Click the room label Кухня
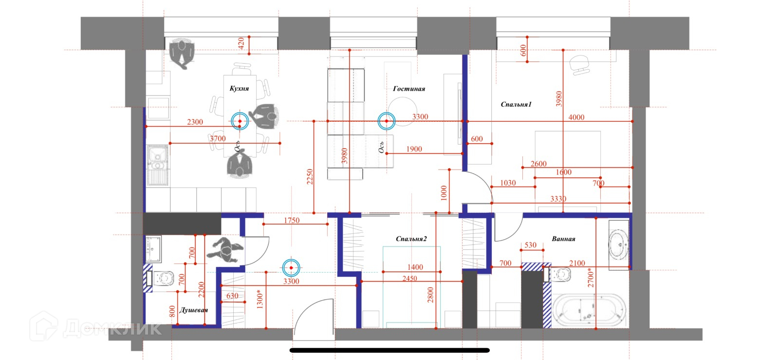pos(239,88)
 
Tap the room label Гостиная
pos(409,89)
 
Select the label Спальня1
pos(516,104)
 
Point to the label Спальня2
pos(411,239)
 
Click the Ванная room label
pos(563,239)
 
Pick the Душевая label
pos(194,310)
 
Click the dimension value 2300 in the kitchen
pos(195,122)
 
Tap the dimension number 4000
pos(576,117)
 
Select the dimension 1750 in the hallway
pos(292,220)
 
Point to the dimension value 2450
pos(409,278)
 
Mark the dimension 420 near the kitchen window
pos(241,43)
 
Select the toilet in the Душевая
pos(163,278)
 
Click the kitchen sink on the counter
pos(157,159)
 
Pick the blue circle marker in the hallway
pos(291,267)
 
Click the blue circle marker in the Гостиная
pos(386,121)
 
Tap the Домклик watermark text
pos(112,328)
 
